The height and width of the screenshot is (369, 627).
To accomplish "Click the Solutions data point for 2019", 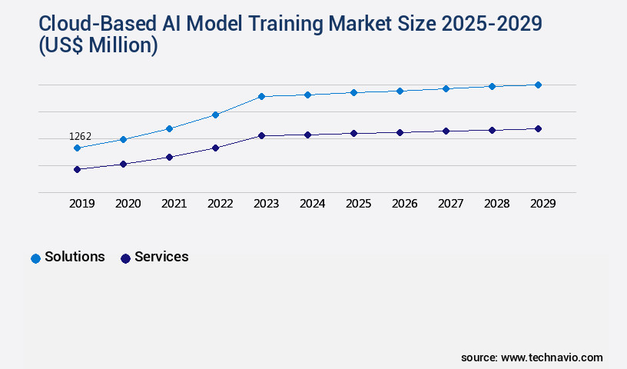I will click(x=77, y=148).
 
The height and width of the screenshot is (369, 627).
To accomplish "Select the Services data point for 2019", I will click(x=77, y=169).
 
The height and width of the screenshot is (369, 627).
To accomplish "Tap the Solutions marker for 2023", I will click(x=261, y=96).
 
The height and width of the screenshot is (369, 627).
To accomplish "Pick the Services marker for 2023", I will click(x=261, y=135).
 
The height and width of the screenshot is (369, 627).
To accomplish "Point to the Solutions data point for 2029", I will click(x=538, y=85).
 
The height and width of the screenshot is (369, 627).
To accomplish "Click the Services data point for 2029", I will click(x=538, y=128).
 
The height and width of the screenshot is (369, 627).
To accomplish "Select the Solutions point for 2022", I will click(x=215, y=115).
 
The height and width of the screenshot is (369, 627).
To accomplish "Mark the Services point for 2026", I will click(x=400, y=132).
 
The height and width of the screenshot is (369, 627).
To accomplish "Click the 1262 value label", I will click(x=80, y=136).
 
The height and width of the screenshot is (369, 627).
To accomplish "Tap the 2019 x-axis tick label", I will click(x=81, y=204).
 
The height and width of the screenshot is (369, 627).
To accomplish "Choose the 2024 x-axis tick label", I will click(x=312, y=204).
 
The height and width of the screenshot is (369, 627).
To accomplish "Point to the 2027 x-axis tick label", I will click(x=450, y=204).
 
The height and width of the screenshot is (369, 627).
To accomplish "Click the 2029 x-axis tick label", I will click(x=542, y=204).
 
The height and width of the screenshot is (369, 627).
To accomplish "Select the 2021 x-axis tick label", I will click(x=174, y=204).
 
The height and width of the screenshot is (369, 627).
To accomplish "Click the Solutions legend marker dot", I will click(x=35, y=258).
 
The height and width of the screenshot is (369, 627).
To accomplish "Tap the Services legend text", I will click(x=161, y=258).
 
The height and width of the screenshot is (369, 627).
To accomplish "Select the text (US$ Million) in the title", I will click(x=98, y=46).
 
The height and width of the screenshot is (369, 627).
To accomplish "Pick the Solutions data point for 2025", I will click(x=353, y=92).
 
